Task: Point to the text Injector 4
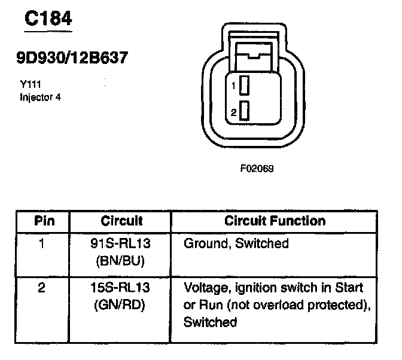click(40, 96)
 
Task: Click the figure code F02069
click(257, 168)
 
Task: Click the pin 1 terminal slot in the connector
click(243, 86)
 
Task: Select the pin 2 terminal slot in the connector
click(243, 112)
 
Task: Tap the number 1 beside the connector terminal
click(234, 86)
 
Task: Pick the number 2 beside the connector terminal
click(234, 112)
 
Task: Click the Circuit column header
click(122, 221)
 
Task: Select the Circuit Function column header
click(275, 221)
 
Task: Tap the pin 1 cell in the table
click(41, 243)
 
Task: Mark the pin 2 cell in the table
click(41, 288)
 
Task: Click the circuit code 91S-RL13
click(122, 243)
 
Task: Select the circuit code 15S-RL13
click(122, 288)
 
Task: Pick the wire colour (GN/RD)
click(122, 304)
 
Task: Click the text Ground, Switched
click(236, 243)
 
